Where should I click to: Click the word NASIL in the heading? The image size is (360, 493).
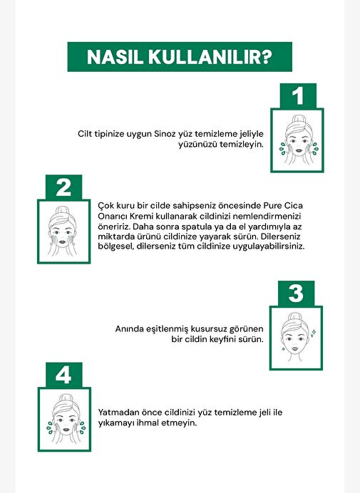115,57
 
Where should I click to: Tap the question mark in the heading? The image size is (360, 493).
266,57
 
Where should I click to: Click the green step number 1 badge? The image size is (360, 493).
298,96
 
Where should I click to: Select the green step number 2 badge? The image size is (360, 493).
63,187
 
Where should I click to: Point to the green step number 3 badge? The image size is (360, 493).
296,294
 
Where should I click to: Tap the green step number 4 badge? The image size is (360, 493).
63,375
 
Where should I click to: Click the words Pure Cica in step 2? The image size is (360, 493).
283,206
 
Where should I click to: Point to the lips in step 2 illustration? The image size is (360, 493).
62,242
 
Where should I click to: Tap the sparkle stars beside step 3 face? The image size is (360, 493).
313,333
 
